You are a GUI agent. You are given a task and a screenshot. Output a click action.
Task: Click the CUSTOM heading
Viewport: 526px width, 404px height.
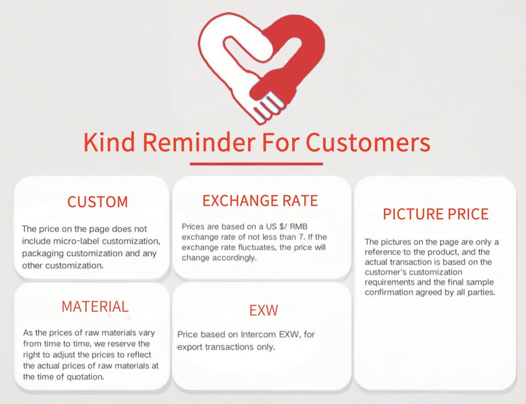tap(98, 202)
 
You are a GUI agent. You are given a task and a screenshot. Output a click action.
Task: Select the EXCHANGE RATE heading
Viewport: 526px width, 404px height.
tap(260, 200)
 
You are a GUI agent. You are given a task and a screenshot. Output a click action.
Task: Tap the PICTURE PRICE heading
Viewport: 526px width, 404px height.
tap(435, 214)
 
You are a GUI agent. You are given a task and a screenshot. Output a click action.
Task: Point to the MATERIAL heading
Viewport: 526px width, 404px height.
tap(95, 306)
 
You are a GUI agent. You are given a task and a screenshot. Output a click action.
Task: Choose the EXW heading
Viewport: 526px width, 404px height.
tap(263, 310)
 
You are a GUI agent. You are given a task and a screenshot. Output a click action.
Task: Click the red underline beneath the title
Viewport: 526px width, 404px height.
tap(256, 164)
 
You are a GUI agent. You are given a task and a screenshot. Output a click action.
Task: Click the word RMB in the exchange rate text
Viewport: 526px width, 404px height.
tap(298, 226)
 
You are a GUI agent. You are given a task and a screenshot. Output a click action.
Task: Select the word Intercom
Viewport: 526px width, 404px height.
tap(258, 334)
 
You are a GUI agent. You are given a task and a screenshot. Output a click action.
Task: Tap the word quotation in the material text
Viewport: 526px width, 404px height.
tap(85, 377)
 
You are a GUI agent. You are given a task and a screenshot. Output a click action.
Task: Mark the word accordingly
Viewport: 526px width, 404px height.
tap(234, 258)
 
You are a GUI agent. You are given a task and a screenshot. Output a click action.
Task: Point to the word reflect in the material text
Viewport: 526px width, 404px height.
tap(139, 355)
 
